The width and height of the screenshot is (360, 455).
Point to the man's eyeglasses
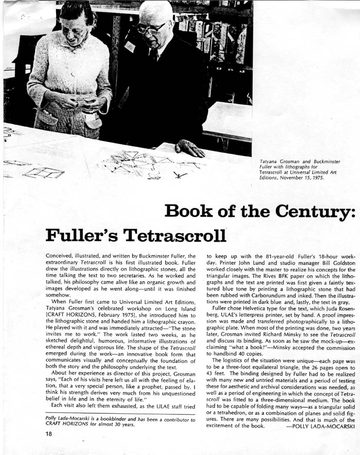[150, 28]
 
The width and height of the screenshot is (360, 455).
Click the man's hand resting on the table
[189, 149]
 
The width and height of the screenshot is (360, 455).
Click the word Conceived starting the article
[61, 256]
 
